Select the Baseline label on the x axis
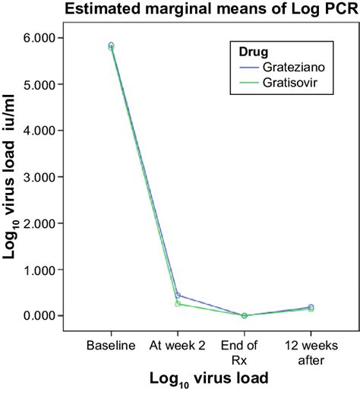click(x=111, y=346)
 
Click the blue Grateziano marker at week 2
click(x=178, y=295)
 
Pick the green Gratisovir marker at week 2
click(x=178, y=304)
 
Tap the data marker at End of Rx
click(x=244, y=315)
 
